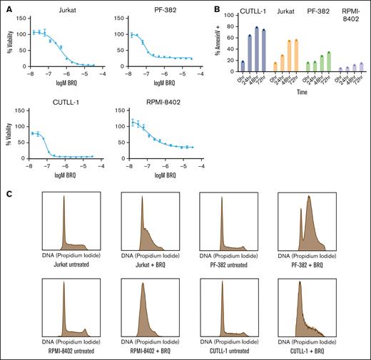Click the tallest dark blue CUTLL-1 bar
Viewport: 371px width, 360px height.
coord(256,49)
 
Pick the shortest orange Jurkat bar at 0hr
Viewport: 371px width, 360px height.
coord(275,67)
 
